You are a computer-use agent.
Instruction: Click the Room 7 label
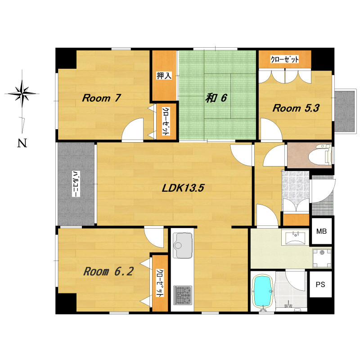pyautogui.click(x=101, y=98)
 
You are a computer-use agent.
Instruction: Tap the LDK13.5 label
pyautogui.click(x=183, y=188)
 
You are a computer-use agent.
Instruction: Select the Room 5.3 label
pyautogui.click(x=296, y=108)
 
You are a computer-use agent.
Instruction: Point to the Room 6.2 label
pyautogui.click(x=108, y=271)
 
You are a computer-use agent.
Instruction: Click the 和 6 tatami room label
pyautogui.click(x=216, y=98)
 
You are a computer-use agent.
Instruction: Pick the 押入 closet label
pyautogui.click(x=164, y=75)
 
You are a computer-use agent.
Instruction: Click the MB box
pyautogui.click(x=321, y=231)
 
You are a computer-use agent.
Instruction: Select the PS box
pyautogui.click(x=320, y=284)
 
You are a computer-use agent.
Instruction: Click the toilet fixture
pyautogui.click(x=320, y=155)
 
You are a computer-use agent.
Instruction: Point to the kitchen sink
pyautogui.click(x=183, y=245)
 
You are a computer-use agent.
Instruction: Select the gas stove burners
pyautogui.click(x=183, y=295)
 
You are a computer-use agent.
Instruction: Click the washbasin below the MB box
pyautogui.click(x=295, y=238)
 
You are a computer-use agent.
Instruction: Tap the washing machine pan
pyautogui.click(x=322, y=258)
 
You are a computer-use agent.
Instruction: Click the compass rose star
pyautogui.click(x=22, y=94)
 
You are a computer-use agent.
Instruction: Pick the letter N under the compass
pyautogui.click(x=22, y=143)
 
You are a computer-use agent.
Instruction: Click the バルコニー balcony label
pyautogui.click(x=76, y=184)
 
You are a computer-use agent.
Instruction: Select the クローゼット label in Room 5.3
pyautogui.click(x=285, y=59)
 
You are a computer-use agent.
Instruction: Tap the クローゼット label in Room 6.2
pyautogui.click(x=160, y=283)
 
